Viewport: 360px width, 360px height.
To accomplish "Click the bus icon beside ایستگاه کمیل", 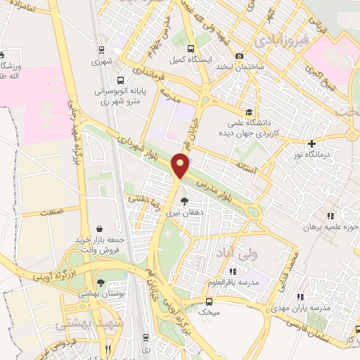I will [x=192, y=49].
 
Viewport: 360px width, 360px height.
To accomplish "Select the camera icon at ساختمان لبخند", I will [x=240, y=56].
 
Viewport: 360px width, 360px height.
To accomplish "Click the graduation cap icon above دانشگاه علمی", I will [x=248, y=111].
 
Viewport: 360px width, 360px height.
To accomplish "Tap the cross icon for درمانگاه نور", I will [x=312, y=143].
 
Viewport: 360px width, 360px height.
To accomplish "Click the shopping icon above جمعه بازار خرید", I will [x=101, y=229].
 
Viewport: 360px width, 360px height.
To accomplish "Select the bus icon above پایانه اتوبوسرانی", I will [x=121, y=80].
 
